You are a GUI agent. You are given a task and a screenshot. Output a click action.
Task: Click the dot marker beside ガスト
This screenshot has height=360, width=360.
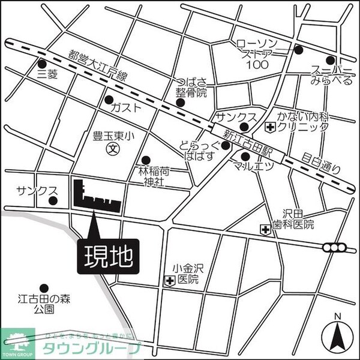tap(109, 100)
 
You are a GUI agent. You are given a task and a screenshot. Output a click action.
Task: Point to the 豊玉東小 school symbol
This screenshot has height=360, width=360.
tap(111, 149)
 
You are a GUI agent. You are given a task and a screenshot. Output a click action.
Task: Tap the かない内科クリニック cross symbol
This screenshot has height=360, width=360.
tap(270, 127)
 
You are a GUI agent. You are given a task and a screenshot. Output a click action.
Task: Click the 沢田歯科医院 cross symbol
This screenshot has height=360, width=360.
tap(265, 229)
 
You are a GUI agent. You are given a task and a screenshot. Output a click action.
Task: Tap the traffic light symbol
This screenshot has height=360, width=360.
tap(335, 247)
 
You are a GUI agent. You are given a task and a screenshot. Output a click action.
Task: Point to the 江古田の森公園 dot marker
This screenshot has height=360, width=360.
tap(43, 287)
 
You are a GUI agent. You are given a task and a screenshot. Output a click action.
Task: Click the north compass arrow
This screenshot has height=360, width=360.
tap(337, 337)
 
